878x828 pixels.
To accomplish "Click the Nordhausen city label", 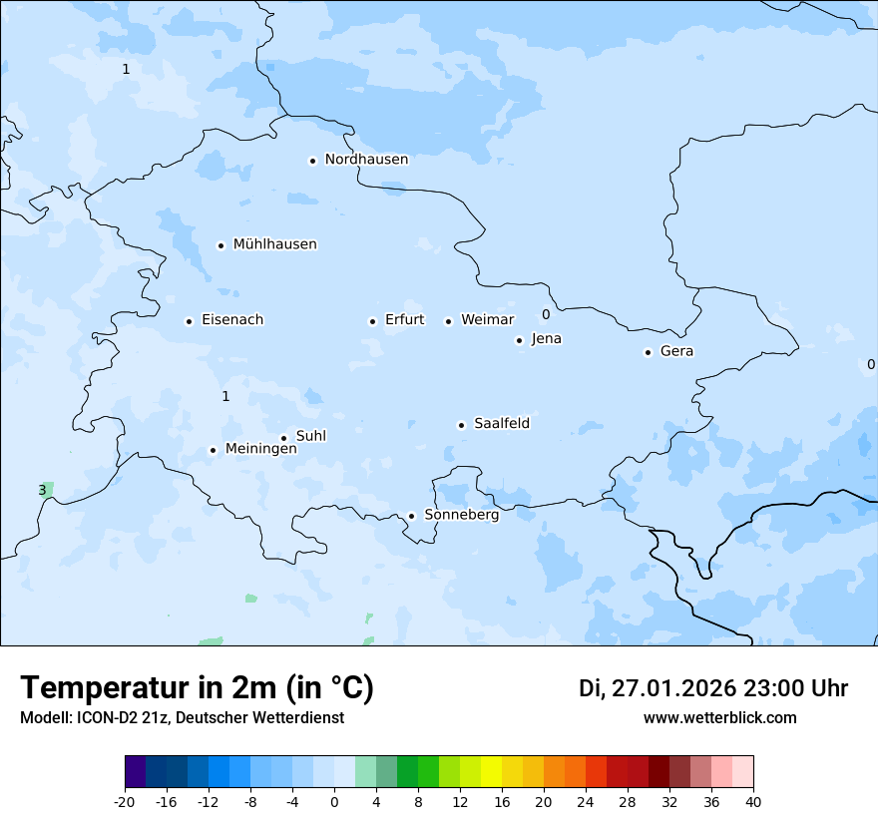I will (x=366, y=160).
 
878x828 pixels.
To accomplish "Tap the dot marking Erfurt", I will (x=372, y=321).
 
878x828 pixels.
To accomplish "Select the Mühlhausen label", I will (x=274, y=244).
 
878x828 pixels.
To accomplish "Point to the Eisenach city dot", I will (x=189, y=321).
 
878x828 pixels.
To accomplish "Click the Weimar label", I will (x=487, y=320).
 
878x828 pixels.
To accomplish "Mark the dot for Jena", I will (x=519, y=340).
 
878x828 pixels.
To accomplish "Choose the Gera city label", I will (x=676, y=351).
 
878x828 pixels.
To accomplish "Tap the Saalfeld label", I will (x=502, y=424).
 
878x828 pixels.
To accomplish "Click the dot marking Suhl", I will (x=283, y=438).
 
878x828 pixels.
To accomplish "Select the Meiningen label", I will (x=260, y=450).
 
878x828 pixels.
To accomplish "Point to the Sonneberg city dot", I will (x=411, y=516).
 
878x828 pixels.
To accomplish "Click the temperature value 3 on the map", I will (x=42, y=490).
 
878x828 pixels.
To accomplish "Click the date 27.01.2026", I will (x=670, y=688).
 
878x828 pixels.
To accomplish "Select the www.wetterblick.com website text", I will (x=719, y=717).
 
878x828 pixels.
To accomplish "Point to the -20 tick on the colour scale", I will (x=125, y=801).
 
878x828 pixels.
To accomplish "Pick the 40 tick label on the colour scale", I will (x=753, y=801).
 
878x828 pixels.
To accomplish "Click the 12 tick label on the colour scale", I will (x=460, y=801).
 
